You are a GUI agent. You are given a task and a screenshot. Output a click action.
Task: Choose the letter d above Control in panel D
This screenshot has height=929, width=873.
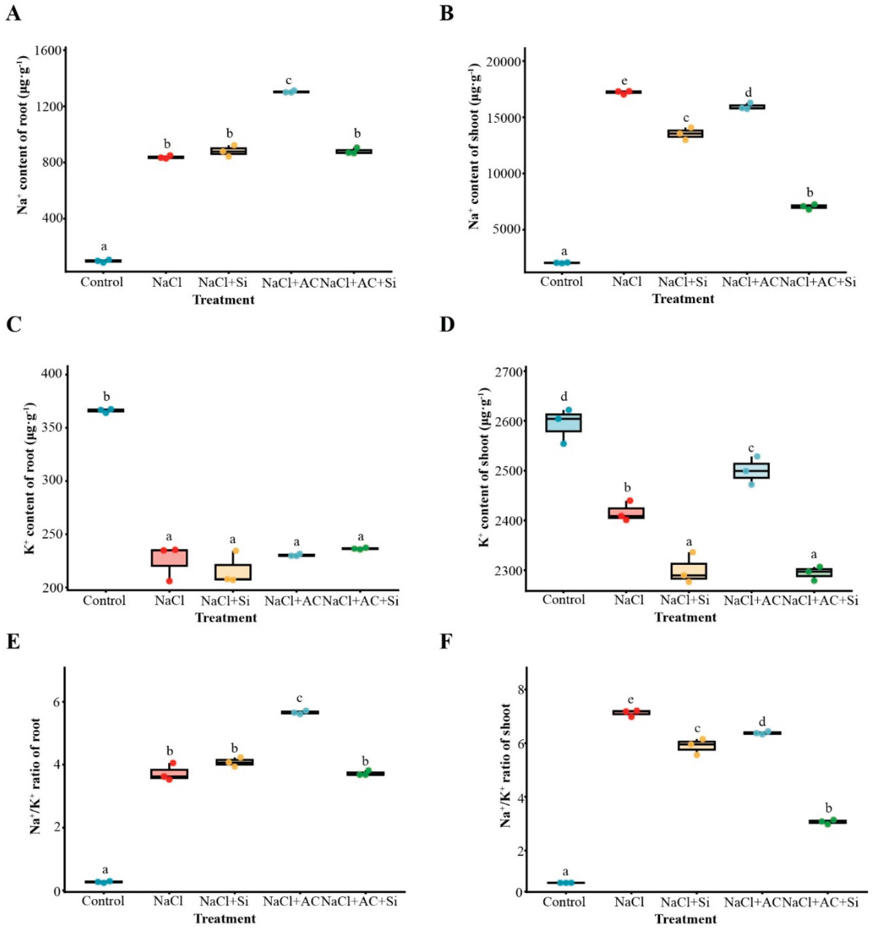pos(564,397)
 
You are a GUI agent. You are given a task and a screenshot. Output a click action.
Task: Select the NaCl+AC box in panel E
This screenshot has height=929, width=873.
pos(299,713)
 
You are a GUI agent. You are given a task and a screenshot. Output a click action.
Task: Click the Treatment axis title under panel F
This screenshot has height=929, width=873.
pos(685,919)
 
